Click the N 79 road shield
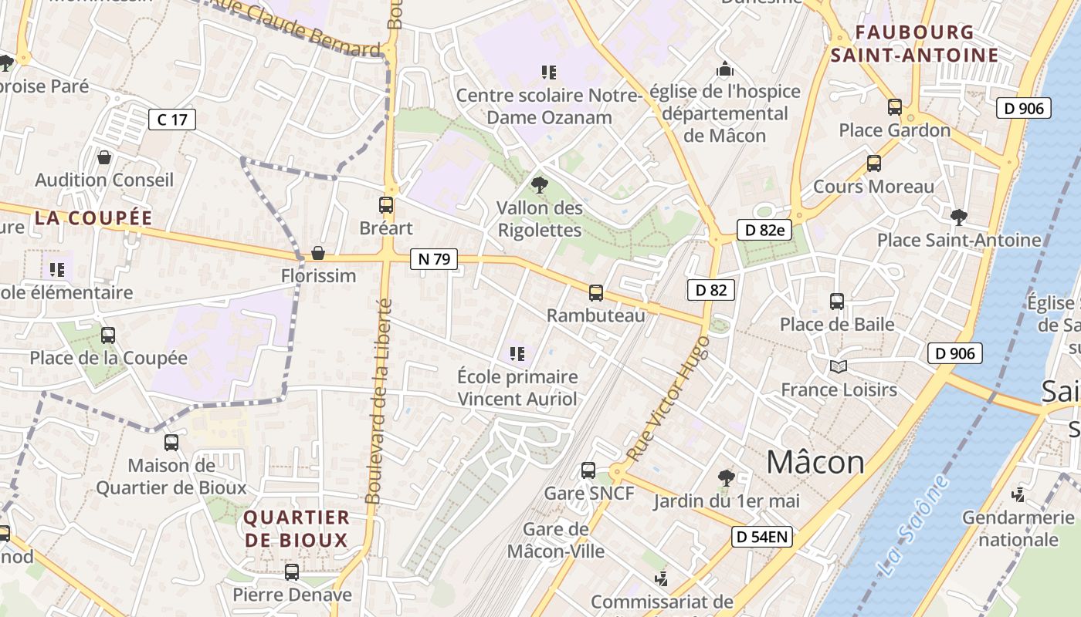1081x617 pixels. point(434,259)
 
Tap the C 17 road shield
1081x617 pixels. point(172,120)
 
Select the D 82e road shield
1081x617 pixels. point(764,230)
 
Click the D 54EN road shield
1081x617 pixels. point(762,538)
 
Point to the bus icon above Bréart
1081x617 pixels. point(386,205)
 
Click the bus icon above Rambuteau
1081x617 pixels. point(595,292)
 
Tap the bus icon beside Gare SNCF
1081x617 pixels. point(588,470)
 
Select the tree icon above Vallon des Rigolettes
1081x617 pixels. point(540,184)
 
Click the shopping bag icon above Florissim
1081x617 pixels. point(317,253)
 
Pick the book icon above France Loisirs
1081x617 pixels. point(838,366)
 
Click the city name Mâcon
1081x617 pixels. point(815,463)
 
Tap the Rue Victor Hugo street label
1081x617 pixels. point(669,399)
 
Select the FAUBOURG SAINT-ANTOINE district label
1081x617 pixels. point(915,44)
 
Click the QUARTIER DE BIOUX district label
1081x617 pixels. point(297,528)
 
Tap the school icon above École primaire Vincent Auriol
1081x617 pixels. point(517,354)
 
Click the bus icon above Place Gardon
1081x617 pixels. point(894,107)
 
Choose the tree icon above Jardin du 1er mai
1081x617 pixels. point(726,478)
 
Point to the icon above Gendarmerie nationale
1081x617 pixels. point(1019,494)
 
